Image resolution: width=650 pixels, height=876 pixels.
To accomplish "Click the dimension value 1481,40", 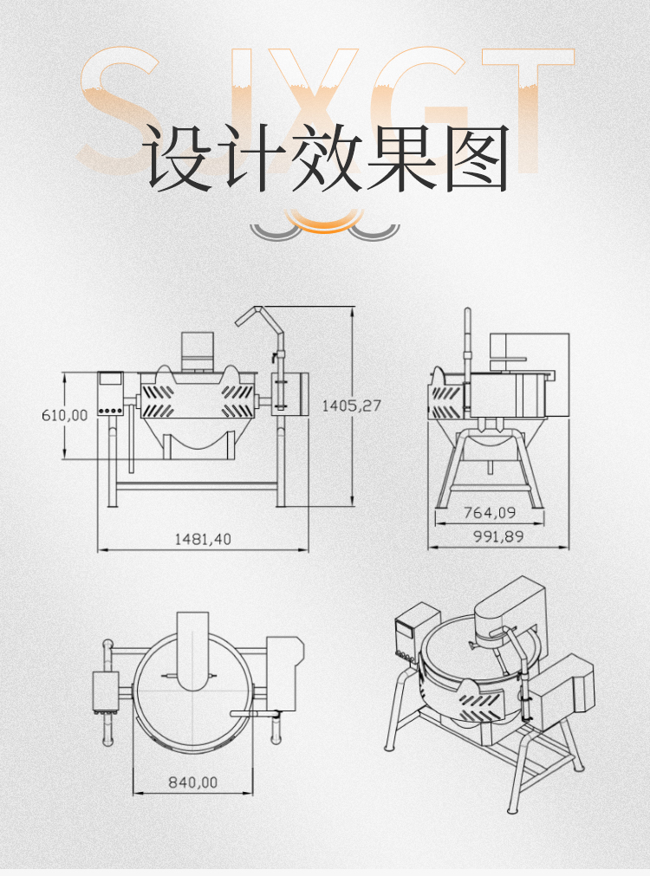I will [203, 538].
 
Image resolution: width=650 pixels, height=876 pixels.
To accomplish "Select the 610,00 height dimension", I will [64, 415].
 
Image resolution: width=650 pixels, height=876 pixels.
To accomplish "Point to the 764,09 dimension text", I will [489, 513].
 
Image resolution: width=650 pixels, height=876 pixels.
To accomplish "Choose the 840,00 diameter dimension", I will [192, 782].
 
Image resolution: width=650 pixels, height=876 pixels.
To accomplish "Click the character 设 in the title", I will [178, 159].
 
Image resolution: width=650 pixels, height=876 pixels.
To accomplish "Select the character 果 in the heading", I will [400, 159].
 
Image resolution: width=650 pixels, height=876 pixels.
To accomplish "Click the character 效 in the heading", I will [326, 159].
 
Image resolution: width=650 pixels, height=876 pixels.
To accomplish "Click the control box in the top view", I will [105, 691].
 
